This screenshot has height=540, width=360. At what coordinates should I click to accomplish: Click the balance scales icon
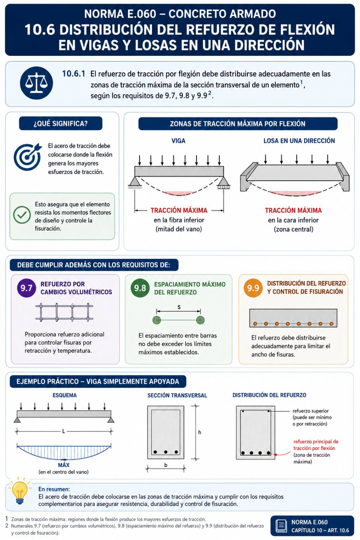pos(36,83)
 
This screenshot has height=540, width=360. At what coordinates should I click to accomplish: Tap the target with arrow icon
pos(28,157)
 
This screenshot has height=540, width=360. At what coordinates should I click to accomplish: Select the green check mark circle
pos(22,215)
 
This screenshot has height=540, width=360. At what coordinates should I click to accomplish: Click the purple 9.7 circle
pos(27,288)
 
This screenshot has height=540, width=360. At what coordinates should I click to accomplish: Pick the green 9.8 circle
pos(140,288)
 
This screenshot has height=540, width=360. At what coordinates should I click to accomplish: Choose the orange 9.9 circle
pos(253,288)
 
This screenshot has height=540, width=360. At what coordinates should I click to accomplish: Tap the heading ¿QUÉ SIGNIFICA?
pos(60,124)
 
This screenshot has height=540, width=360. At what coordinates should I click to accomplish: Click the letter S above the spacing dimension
pos(179,307)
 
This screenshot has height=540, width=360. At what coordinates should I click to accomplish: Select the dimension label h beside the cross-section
pos(199,432)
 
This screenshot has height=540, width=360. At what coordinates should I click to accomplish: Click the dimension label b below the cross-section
pos(166,465)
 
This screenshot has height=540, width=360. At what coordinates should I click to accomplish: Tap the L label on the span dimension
pos(64,431)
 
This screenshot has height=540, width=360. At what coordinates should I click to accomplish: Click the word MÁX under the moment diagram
pos(64,465)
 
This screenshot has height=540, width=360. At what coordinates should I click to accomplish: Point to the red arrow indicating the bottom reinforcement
pos(282,454)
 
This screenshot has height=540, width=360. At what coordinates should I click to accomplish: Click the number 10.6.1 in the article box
pos(73,73)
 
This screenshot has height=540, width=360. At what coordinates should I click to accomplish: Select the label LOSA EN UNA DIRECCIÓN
pos(299,141)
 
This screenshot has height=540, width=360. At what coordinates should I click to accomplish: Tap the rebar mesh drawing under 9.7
pos(64,312)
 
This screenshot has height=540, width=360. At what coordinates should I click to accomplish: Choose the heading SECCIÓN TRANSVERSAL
pos(177,395)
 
